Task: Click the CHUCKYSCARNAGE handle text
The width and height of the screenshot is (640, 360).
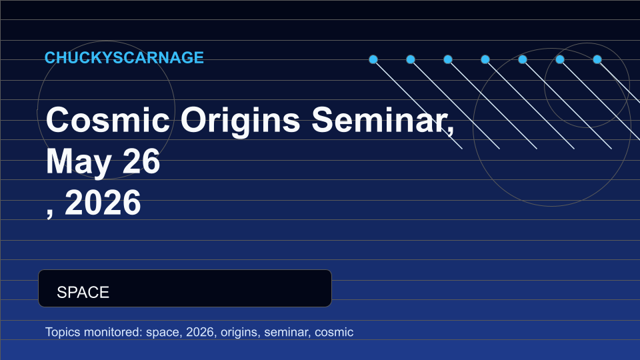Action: pyautogui.click(x=124, y=57)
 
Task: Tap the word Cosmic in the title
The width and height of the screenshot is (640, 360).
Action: pyautogui.click(x=108, y=120)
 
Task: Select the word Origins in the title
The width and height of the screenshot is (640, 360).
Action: pyautogui.click(x=241, y=121)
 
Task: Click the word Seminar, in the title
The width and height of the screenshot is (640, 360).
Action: pyautogui.click(x=383, y=120)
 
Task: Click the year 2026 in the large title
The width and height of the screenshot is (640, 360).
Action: pyautogui.click(x=103, y=203)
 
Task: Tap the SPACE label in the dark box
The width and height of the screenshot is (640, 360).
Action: pyautogui.click(x=83, y=292)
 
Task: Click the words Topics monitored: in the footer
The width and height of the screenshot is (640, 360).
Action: pyautogui.click(x=94, y=332)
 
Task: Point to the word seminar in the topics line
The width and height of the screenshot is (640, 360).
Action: pyautogui.click(x=287, y=332)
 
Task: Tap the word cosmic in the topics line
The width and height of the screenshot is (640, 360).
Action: pyautogui.click(x=334, y=333)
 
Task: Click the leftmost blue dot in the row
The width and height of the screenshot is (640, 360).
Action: pyautogui.click(x=373, y=59)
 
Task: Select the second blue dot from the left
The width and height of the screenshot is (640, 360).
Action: pyautogui.click(x=411, y=59)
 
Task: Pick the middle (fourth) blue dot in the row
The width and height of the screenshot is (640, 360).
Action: pyautogui.click(x=485, y=59)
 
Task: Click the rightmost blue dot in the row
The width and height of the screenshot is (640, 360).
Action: pyautogui.click(x=597, y=59)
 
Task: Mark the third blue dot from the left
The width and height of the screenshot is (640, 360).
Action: pyautogui.click(x=448, y=59)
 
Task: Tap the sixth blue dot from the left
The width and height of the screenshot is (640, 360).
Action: pyautogui.click(x=560, y=59)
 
